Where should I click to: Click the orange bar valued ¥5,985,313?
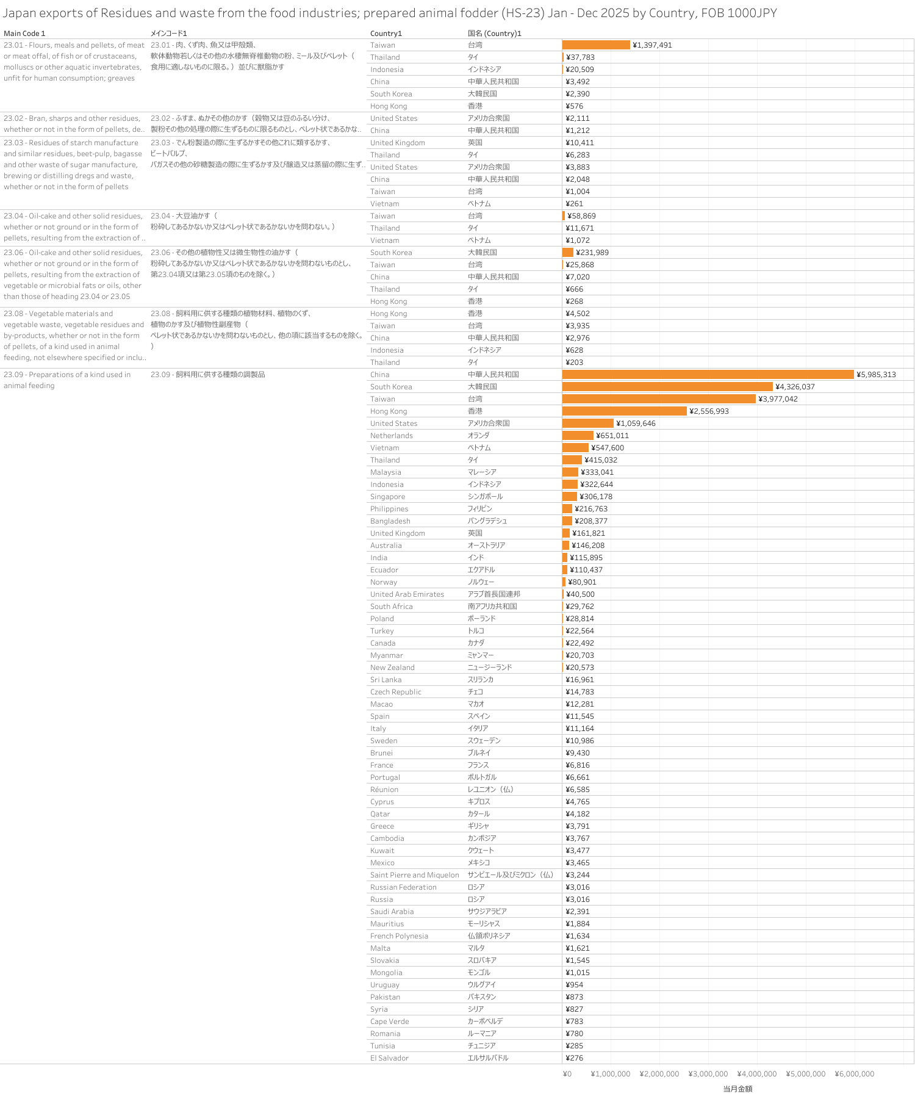(x=708, y=375)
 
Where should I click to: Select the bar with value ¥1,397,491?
(x=596, y=45)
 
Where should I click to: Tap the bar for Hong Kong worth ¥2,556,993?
(x=624, y=411)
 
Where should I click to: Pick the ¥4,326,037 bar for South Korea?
(x=667, y=387)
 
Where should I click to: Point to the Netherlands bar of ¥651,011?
(x=578, y=436)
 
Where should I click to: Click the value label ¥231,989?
(x=592, y=253)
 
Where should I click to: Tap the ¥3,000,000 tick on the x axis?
(x=708, y=1074)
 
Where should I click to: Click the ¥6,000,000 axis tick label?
(x=855, y=1074)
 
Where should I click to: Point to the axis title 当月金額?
(x=737, y=1089)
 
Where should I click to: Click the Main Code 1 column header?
(x=24, y=34)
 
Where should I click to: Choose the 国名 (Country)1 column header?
(x=495, y=34)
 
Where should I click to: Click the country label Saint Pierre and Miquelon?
(x=415, y=875)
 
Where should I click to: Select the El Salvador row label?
(x=389, y=1058)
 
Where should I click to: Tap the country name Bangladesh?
(x=390, y=521)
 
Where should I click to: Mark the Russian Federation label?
(x=403, y=887)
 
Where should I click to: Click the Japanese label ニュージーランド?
(x=490, y=668)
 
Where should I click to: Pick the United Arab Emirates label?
(x=407, y=594)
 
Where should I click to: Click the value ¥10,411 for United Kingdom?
(x=579, y=143)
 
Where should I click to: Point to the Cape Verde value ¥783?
(x=575, y=1022)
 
